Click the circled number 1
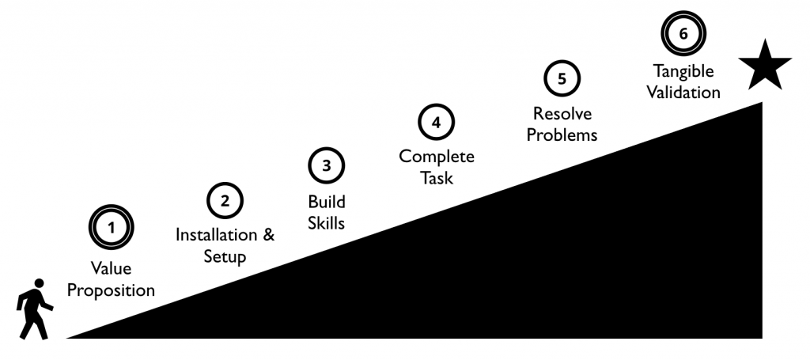[111, 227]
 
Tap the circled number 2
[225, 201]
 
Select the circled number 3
[327, 166]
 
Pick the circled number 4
[437, 123]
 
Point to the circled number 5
[562, 78]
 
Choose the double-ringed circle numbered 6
[683, 33]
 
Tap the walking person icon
[35, 309]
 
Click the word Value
[111, 268]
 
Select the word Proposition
[111, 290]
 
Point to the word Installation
[218, 235]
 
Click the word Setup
[225, 257]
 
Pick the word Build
[327, 201]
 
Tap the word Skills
[326, 223]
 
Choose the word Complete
[437, 157]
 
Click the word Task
[437, 179]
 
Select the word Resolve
[562, 112]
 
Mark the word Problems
[562, 135]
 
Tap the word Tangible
[683, 70]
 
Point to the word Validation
[683, 93]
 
